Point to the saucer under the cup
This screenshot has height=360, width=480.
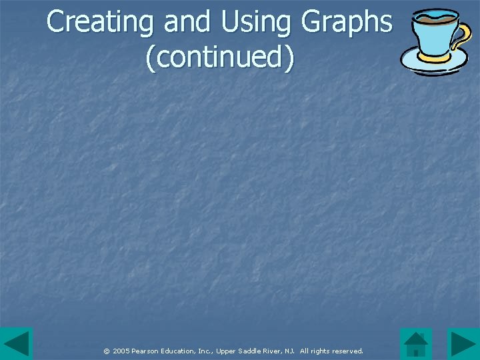tap(433, 64)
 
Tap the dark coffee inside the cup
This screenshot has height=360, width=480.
tap(433, 17)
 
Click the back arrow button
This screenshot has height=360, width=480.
tap(16, 344)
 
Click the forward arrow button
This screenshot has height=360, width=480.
tap(463, 344)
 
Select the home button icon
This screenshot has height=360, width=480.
tap(416, 344)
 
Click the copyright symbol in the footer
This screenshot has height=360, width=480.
tap(107, 351)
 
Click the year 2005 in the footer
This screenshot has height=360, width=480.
tap(121, 351)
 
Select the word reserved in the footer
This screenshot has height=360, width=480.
tap(348, 351)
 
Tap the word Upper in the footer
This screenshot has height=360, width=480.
tap(227, 351)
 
